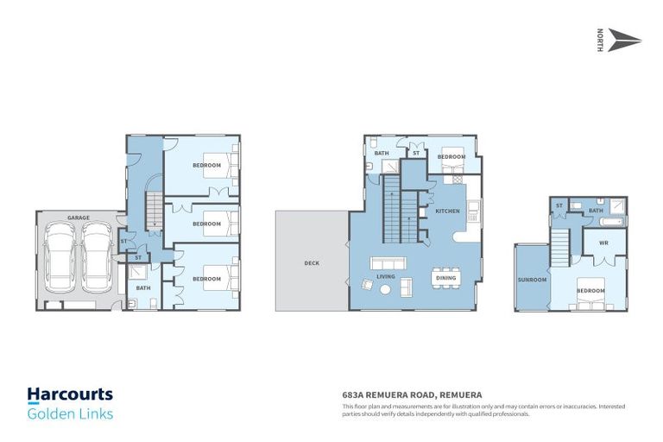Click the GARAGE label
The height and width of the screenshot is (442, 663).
79,218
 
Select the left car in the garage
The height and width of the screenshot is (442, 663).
60,256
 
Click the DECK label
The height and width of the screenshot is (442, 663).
312,263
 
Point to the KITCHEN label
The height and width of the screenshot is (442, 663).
447,211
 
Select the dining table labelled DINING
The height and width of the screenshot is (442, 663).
446,278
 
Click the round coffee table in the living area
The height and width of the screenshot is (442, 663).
385,291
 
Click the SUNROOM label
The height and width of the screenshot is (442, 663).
531,280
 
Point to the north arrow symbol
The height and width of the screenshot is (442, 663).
624,41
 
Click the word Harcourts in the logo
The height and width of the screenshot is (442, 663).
70,395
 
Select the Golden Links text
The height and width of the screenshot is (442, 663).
70,414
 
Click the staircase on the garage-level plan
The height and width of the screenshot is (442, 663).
154,212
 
